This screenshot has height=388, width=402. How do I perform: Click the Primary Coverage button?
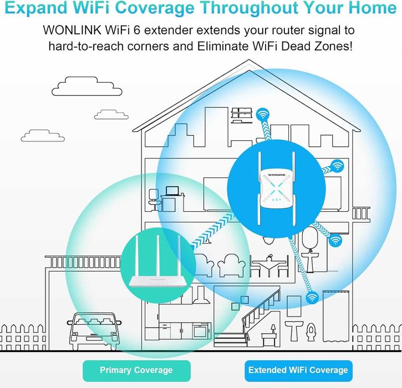coord(136,370)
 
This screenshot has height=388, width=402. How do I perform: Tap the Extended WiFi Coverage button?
coord(298,370)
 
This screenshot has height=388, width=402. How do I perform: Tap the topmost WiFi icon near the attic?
coord(263,115)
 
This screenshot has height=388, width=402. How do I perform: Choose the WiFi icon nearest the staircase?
coord(312,298)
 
